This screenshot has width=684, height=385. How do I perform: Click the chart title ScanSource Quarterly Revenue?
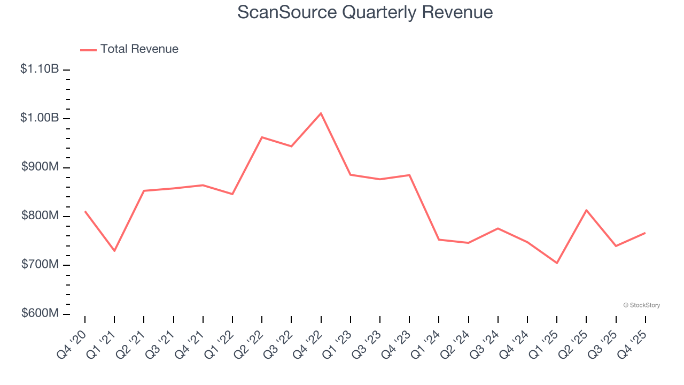click(365, 12)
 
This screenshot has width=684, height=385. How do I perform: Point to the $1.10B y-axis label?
click(40, 69)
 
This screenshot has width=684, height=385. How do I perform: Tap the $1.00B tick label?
click(40, 118)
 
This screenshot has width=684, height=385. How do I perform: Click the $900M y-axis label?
click(40, 167)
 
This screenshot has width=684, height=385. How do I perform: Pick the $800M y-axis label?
click(40, 215)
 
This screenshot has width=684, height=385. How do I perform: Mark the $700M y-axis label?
click(40, 265)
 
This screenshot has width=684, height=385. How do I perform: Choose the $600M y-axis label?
click(40, 313)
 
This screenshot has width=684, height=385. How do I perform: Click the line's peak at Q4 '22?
click(321, 113)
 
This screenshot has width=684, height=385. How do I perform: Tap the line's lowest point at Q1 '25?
click(557, 263)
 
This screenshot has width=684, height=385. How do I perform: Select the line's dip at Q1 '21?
click(114, 251)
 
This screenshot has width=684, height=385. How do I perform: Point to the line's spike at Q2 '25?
click(586, 210)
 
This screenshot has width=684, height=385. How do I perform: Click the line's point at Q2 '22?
click(262, 137)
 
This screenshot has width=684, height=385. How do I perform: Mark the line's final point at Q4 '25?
click(645, 233)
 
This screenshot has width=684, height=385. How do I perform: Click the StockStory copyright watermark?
click(641, 305)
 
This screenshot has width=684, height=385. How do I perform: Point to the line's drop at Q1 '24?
click(439, 240)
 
